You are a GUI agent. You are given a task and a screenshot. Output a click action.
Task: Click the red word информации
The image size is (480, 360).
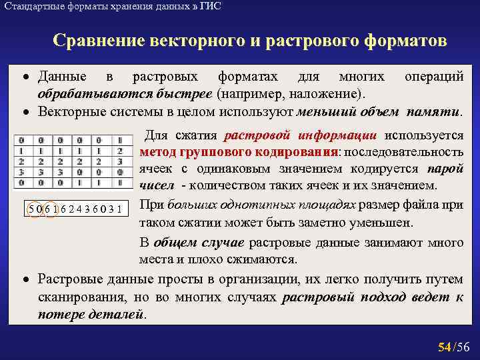[x=339, y=135]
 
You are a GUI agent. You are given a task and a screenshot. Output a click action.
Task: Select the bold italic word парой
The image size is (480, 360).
[x=445, y=169]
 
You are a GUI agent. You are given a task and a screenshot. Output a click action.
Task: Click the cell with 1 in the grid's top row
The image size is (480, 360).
[x=119, y=140]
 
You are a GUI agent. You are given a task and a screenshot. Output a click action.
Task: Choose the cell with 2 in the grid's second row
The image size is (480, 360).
[x=119, y=151]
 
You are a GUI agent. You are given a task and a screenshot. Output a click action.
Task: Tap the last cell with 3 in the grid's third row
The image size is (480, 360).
[x=119, y=161]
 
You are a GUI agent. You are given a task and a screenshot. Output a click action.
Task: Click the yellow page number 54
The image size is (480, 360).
[x=444, y=347]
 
